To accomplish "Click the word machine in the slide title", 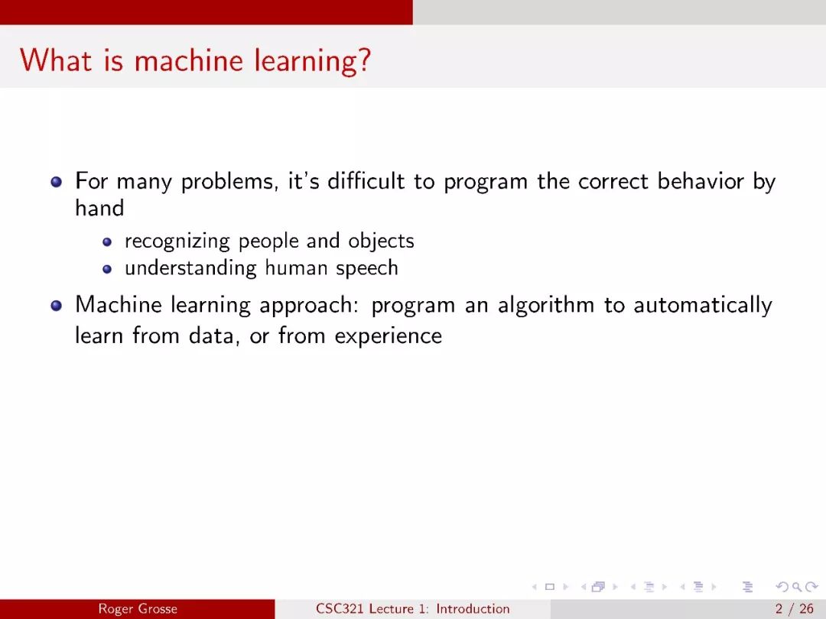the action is [x=189, y=60].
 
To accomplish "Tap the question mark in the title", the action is [x=364, y=60].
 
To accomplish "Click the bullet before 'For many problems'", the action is [x=57, y=182].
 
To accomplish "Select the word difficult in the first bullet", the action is [x=366, y=181].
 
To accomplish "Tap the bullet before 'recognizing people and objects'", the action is [x=108, y=242].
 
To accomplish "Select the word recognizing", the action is [x=177, y=241].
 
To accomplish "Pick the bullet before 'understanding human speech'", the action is [x=108, y=269].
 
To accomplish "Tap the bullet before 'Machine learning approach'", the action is [x=57, y=306].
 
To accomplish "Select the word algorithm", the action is [x=546, y=305].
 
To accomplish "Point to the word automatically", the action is [x=703, y=305].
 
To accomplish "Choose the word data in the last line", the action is [x=212, y=335].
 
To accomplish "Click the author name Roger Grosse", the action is [x=138, y=609].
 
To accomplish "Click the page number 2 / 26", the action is [x=795, y=609].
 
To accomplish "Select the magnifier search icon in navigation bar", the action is [x=796, y=586].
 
